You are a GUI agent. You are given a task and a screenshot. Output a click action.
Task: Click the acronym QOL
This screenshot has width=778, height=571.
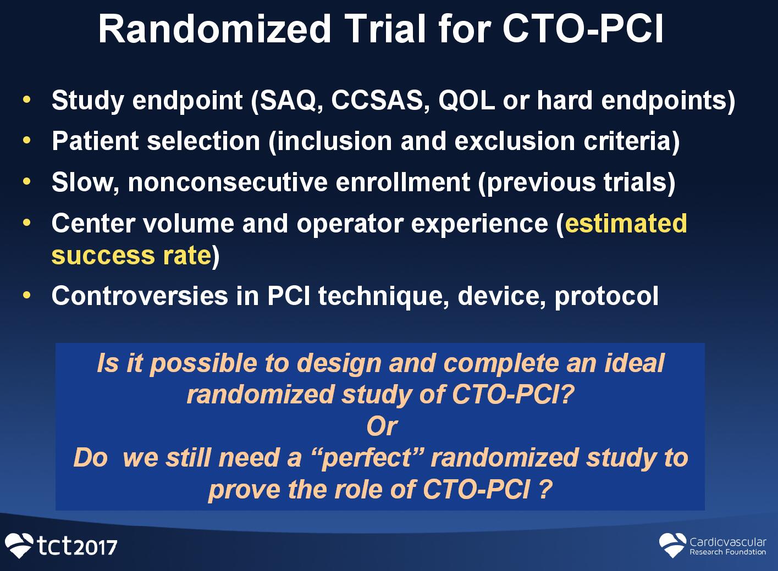tap(466, 101)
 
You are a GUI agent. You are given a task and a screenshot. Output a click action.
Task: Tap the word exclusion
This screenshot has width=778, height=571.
tap(515, 141)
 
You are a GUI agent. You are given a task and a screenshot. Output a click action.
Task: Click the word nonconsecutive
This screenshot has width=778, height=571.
tap(228, 182)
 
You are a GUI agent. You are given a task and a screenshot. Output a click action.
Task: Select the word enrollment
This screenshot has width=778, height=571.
tap(402, 182)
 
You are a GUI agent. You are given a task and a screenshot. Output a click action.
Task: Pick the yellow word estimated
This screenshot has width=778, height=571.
tap(626, 223)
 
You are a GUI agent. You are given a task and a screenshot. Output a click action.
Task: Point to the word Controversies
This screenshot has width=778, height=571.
tap(140, 296)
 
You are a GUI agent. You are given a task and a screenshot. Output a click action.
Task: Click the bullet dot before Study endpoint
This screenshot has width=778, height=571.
tap(27, 100)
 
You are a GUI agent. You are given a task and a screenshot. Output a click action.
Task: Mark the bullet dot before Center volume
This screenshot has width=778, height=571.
tap(27, 223)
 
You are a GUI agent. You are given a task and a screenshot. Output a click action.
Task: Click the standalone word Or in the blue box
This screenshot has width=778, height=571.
tap(382, 426)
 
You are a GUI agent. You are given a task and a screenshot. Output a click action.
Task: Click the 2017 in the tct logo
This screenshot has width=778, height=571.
tap(97, 548)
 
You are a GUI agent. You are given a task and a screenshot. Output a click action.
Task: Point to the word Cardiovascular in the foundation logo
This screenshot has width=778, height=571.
tap(728, 542)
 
